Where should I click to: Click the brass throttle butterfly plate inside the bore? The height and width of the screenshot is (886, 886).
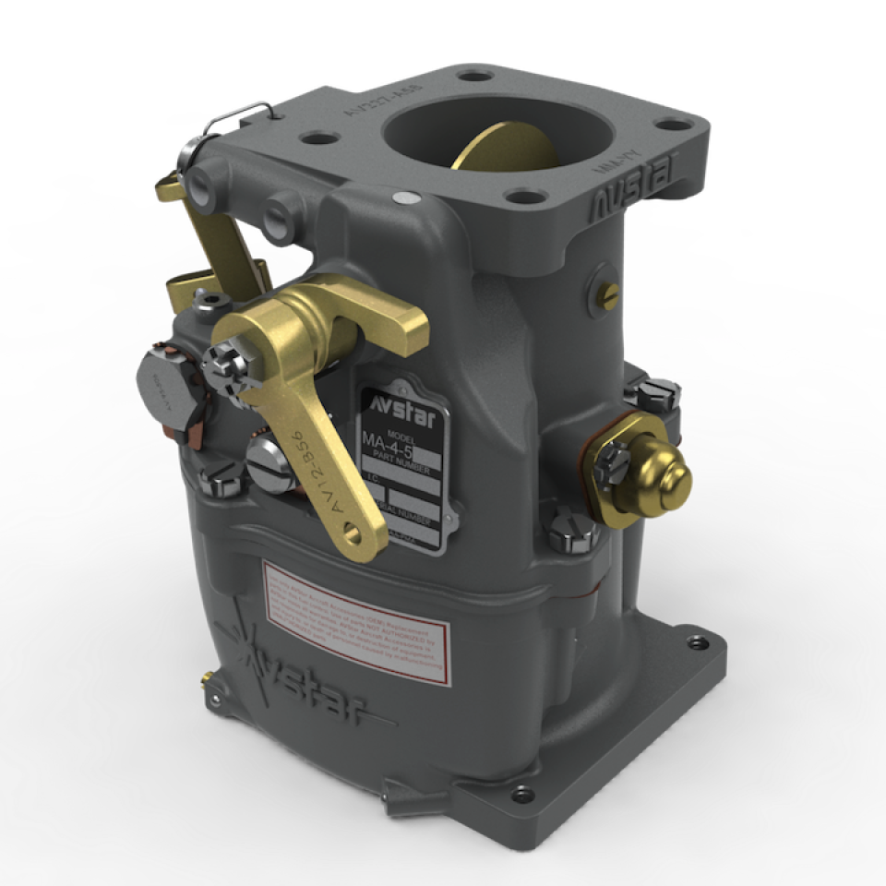point(498,148)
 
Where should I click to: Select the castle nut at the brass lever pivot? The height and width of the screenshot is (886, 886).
point(224,360)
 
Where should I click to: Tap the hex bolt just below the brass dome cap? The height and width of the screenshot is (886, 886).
point(563,535)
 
